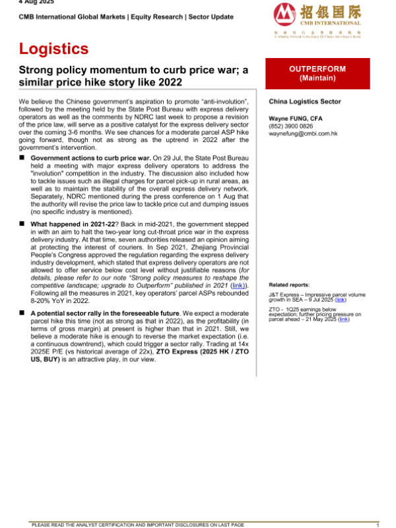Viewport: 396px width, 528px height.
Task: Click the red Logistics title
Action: pyautogui.click(x=53, y=49)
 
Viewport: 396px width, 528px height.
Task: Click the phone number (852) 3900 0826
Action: pyautogui.click(x=291, y=125)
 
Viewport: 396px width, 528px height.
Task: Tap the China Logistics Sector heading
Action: pyautogui.click(x=305, y=102)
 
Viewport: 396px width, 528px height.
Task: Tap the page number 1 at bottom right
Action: pyautogui.click(x=377, y=525)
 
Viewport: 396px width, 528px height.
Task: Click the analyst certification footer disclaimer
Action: pyautogui.click(x=138, y=525)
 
